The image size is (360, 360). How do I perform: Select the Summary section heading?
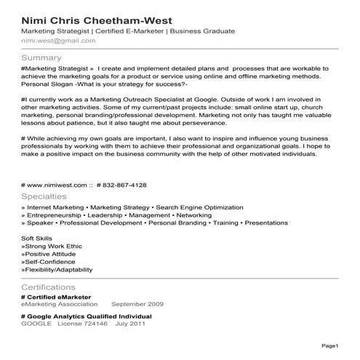pos(41,57)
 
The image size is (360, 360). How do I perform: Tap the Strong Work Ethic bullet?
pos(55,245)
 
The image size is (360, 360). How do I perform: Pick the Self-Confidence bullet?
pos(51,261)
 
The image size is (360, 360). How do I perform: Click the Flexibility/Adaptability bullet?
pos(57,269)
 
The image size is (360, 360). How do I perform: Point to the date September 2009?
pos(137,304)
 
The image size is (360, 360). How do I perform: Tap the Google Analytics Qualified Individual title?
pos(87,317)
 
